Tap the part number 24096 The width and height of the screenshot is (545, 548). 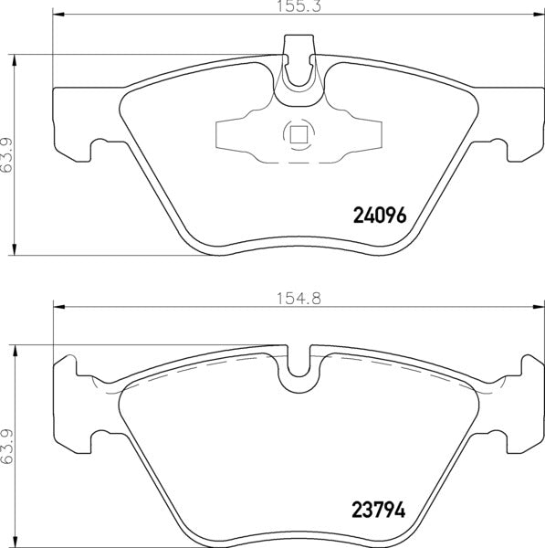(x=378, y=216)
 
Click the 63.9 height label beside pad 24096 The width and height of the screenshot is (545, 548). (x=7, y=155)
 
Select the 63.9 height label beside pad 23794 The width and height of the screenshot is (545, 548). (x=7, y=447)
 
